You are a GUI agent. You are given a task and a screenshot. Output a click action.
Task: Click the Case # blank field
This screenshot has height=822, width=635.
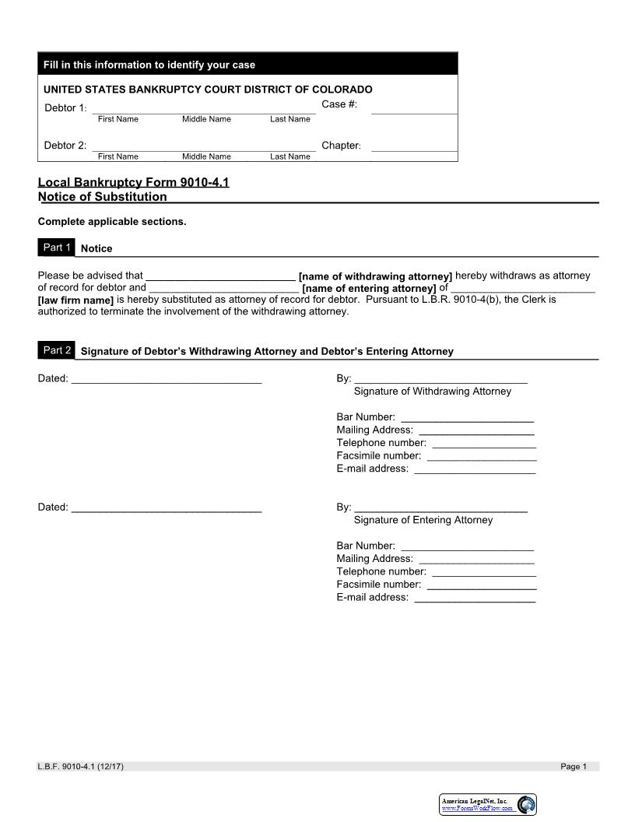414,108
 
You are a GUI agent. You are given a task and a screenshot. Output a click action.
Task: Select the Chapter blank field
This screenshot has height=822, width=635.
414,146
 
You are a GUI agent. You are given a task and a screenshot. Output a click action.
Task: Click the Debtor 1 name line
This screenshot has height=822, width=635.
204,108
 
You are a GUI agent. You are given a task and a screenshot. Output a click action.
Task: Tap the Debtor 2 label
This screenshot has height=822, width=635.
65,146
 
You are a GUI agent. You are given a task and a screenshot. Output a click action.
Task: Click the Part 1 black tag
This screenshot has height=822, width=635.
57,248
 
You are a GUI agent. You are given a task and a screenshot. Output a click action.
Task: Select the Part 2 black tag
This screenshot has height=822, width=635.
57,350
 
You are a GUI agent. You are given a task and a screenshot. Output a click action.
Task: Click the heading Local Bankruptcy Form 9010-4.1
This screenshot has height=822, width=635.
133,182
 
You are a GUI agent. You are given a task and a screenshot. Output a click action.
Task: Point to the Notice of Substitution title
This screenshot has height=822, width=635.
103,197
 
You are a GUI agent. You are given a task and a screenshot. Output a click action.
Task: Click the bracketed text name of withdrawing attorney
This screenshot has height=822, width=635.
375,276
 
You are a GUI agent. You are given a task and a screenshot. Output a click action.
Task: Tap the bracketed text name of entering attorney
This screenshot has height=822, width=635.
369,288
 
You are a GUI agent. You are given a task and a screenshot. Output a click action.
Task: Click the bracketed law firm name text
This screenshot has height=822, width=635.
76,300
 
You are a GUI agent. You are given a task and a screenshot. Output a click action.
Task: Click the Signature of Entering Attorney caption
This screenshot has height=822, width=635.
423,520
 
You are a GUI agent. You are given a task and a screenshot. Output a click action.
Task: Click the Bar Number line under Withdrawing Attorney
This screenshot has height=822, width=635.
467,417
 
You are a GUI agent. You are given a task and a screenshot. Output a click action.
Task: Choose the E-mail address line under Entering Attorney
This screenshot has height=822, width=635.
475,597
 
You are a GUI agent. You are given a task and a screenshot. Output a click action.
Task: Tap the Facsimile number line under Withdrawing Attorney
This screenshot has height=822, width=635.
482,455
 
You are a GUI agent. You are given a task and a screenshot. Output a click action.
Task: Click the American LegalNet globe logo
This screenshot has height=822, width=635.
527,805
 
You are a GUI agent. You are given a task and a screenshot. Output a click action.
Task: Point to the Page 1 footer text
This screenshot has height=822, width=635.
574,767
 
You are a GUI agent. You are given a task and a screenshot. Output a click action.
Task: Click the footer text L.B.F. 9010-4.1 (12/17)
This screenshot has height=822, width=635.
81,767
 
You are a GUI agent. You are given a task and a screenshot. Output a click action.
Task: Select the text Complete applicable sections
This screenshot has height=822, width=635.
112,222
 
